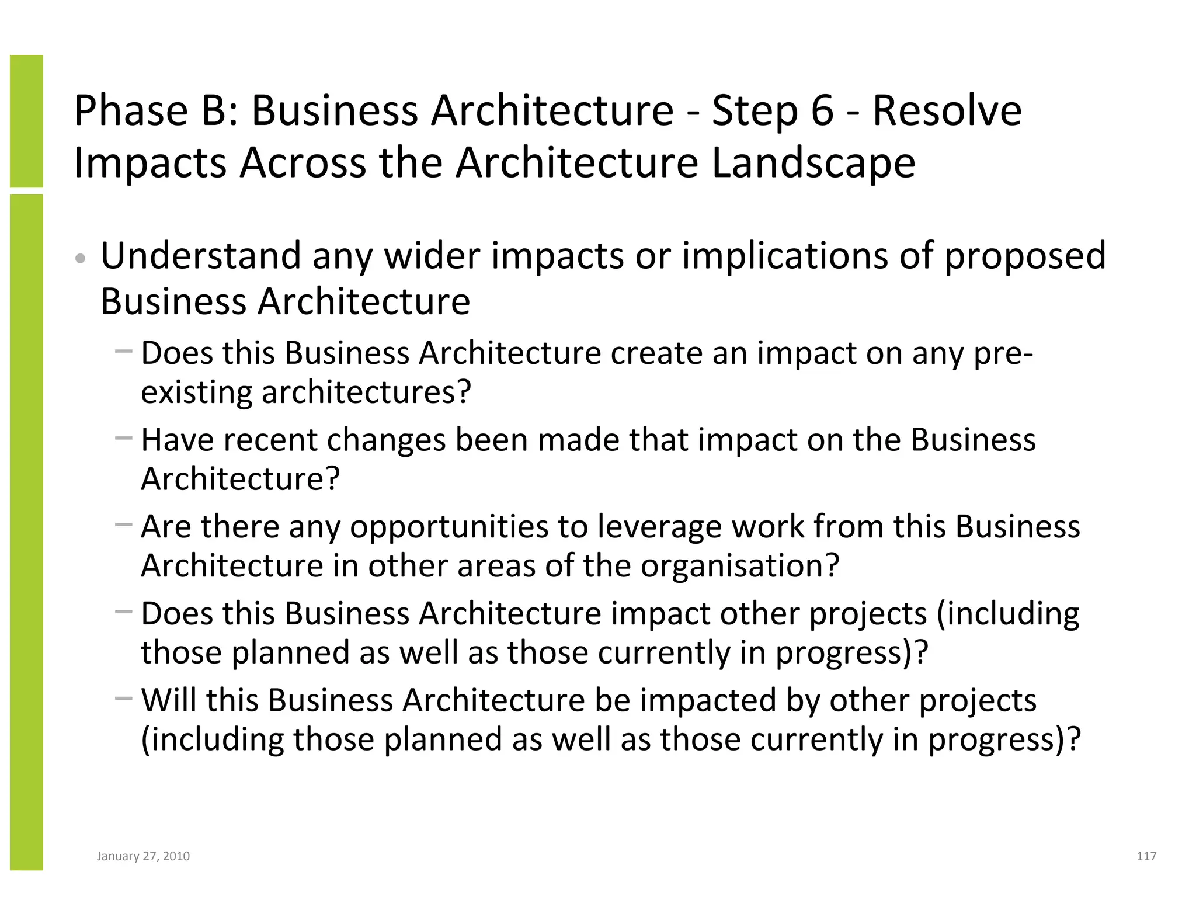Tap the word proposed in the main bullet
[1025, 257]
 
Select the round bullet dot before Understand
[81, 259]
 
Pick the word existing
[197, 392]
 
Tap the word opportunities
[449, 527]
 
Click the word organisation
[739, 565]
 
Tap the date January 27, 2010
[143, 856]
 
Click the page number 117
[1146, 856]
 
